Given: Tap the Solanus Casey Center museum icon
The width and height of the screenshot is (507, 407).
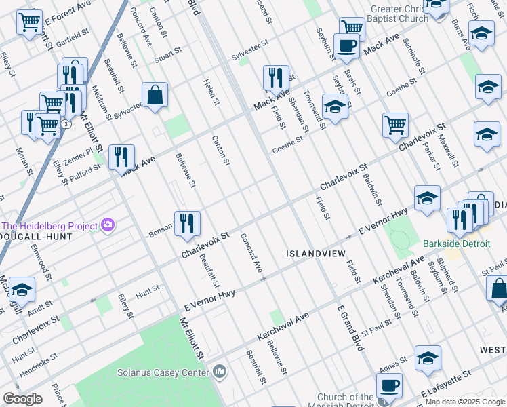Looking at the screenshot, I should (x=220, y=372).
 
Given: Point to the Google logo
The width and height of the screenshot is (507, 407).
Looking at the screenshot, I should (x=22, y=399).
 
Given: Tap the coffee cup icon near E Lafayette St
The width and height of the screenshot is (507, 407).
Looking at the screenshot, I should (x=389, y=385).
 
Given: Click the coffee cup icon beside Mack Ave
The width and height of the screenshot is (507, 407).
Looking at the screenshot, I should (x=346, y=45).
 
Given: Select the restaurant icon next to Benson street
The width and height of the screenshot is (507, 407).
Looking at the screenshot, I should (x=187, y=224).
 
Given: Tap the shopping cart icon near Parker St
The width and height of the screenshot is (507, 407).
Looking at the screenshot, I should (x=395, y=125).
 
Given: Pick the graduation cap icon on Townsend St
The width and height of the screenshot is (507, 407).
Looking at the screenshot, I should (x=334, y=106).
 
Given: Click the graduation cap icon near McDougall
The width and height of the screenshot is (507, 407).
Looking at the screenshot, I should (x=22, y=290).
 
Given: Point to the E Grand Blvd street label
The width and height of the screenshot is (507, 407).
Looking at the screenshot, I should (x=351, y=328).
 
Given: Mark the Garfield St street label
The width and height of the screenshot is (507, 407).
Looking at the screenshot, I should (x=73, y=34).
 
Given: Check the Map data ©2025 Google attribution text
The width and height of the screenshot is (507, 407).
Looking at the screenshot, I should (x=464, y=402).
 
